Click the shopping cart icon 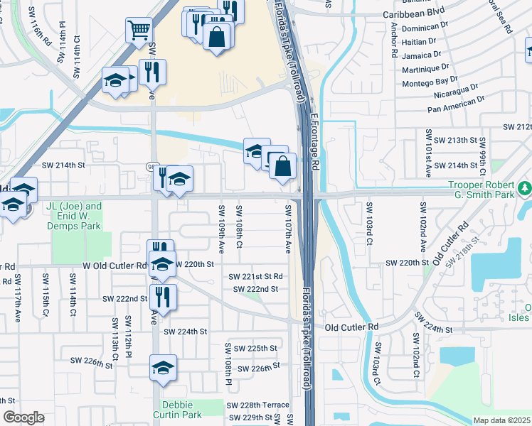click(x=139, y=30)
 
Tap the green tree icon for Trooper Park click(x=525, y=189)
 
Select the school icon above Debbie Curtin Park click(x=163, y=368)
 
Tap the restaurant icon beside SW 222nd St click(x=163, y=297)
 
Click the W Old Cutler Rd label click(x=114, y=265)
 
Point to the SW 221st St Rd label click(x=255, y=277)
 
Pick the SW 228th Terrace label click(x=257, y=405)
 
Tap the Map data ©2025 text click(x=501, y=420)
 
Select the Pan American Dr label click(x=456, y=105)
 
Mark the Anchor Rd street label click(x=394, y=44)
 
